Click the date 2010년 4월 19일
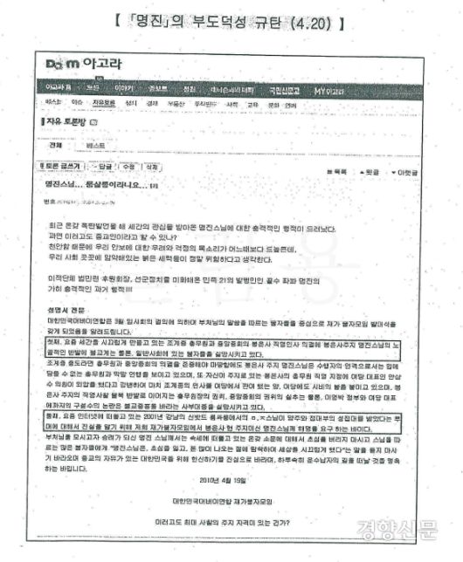227,479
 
